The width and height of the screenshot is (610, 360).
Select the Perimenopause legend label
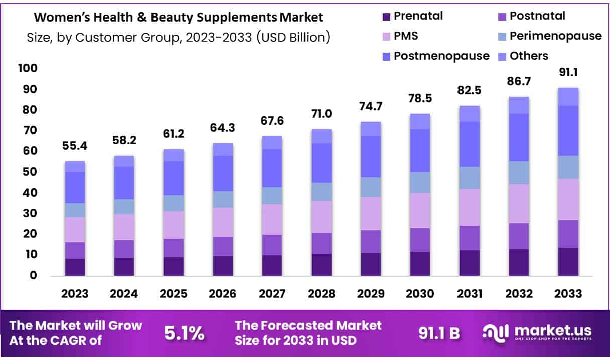pos(555,36)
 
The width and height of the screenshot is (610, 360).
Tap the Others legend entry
pos(529,56)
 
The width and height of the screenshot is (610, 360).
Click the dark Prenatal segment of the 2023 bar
pos(75,267)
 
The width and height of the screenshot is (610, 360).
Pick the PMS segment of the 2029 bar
pos(370,213)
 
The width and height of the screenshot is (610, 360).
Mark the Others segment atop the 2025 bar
pos(173,155)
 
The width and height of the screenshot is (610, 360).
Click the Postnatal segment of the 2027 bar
pos(271,245)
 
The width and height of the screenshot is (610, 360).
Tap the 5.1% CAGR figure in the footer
pos(184,333)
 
